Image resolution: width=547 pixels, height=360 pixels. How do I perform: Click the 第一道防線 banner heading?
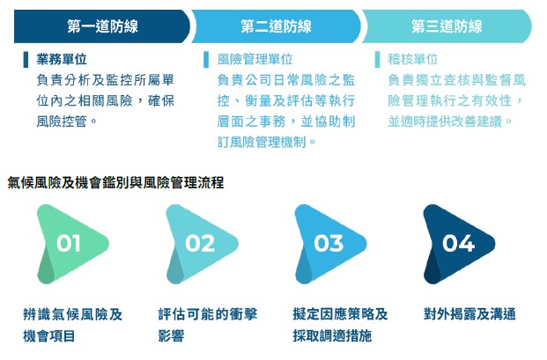(x=102, y=26)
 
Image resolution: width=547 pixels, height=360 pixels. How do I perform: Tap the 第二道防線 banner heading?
(x=276, y=26)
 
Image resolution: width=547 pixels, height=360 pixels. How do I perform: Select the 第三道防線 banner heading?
(x=447, y=26)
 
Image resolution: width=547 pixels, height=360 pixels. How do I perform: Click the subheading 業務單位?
(x=62, y=59)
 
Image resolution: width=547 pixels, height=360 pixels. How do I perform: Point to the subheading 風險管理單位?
(x=255, y=59)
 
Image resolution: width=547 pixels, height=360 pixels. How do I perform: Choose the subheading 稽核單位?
(x=413, y=59)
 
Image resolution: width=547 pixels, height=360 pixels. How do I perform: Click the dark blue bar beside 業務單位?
(x=26, y=60)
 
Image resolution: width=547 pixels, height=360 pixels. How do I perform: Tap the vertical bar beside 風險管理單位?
(x=206, y=60)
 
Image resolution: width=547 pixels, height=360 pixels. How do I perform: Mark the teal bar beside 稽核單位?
(x=377, y=60)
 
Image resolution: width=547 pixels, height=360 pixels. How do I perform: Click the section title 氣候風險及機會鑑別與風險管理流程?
(x=115, y=182)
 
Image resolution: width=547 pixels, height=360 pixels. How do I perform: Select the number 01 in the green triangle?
(x=69, y=243)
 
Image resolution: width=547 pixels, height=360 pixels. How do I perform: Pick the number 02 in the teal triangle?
(x=200, y=243)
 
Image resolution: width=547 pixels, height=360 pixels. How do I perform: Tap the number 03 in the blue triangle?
(x=329, y=243)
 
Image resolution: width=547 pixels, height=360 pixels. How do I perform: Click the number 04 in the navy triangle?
(x=458, y=243)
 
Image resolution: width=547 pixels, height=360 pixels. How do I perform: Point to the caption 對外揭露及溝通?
(x=469, y=314)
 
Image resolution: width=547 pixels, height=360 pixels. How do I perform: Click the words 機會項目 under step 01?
(x=48, y=336)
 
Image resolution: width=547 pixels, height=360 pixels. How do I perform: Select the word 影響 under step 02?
(x=171, y=336)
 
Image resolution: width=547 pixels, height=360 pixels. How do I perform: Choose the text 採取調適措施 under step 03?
(x=332, y=336)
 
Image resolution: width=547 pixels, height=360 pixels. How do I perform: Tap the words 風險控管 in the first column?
(x=62, y=121)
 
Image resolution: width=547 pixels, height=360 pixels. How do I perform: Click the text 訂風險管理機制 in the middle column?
(x=262, y=143)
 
